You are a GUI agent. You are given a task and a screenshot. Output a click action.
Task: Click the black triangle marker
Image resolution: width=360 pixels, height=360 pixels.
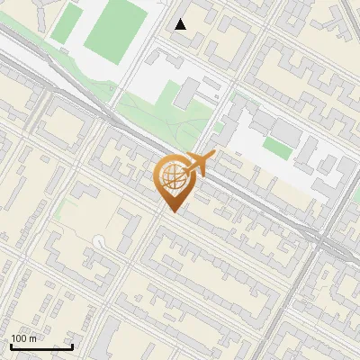tap(181, 24)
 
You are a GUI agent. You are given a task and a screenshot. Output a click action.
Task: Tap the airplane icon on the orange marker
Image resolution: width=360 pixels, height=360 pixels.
tap(200, 164)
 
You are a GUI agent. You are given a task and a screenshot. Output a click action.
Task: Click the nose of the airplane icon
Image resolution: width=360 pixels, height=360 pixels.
tap(214, 156)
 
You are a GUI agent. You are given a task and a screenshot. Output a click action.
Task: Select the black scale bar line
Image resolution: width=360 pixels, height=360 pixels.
tap(41, 346)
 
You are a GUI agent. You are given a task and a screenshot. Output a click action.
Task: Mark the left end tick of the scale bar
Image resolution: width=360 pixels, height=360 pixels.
tap(10, 345)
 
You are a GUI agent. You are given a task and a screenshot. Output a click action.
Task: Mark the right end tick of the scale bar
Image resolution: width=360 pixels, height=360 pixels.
tap(73, 345)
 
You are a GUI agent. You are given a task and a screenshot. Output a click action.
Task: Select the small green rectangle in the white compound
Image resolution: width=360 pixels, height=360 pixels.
tap(277, 148)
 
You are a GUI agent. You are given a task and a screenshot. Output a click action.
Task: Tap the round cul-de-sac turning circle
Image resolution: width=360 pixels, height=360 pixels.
tap(98, 240)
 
